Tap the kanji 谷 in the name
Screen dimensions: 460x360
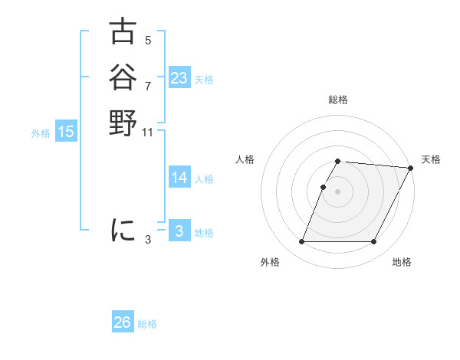click(x=123, y=77)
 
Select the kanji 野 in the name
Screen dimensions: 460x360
click(x=123, y=123)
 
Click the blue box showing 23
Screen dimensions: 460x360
click(x=179, y=78)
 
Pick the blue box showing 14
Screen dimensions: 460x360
click(x=179, y=178)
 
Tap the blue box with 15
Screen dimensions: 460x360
click(x=66, y=132)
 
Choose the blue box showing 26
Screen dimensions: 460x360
click(x=123, y=322)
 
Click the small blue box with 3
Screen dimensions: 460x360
click(x=179, y=231)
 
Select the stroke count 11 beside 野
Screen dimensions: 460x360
click(x=148, y=133)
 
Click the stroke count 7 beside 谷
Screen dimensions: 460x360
click(x=148, y=86)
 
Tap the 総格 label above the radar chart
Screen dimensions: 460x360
click(x=338, y=100)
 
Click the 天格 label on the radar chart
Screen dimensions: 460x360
click(x=431, y=159)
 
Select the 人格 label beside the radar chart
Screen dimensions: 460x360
click(x=245, y=159)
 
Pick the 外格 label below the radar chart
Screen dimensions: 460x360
click(x=270, y=262)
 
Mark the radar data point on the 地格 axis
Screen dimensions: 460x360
click(x=374, y=242)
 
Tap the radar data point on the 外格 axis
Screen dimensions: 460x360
click(x=302, y=242)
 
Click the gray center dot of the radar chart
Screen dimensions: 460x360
click(x=338, y=191)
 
